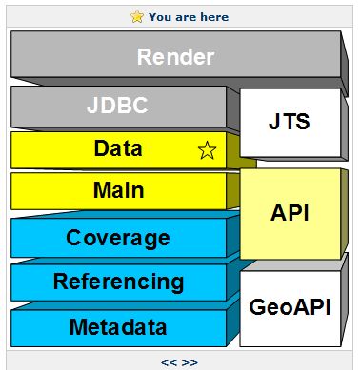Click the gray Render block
175,58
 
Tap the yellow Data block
118,149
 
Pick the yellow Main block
118,190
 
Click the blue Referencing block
118,282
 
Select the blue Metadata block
118,328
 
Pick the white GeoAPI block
289,307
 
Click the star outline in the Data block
206,150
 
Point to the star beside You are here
137,16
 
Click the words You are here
189,17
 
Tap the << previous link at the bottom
168,362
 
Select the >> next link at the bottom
190,362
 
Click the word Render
175,57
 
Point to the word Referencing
118,282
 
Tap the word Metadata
118,328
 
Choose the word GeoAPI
289,307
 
